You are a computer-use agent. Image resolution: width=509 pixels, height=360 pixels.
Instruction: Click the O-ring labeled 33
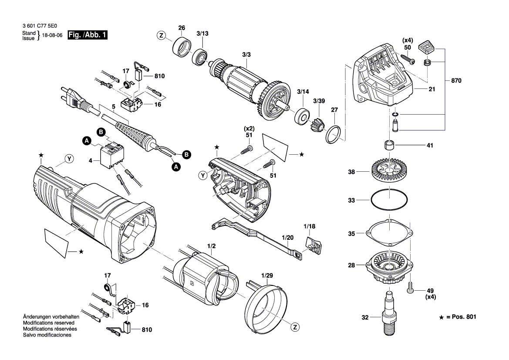(389, 200)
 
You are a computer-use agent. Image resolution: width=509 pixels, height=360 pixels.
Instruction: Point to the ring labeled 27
(334, 134)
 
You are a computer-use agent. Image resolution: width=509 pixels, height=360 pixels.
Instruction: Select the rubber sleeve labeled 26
(181, 48)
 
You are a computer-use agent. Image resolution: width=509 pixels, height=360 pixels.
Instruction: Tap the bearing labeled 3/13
(200, 57)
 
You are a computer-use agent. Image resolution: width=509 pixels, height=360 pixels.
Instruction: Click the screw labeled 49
(410, 288)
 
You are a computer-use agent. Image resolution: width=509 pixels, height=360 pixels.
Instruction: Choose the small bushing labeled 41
(390, 145)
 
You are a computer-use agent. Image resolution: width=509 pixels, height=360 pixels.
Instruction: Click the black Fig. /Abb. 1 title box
(88, 35)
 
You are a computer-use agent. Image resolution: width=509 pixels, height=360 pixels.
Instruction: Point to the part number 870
(456, 81)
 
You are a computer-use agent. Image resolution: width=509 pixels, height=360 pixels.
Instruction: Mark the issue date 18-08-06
(53, 35)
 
